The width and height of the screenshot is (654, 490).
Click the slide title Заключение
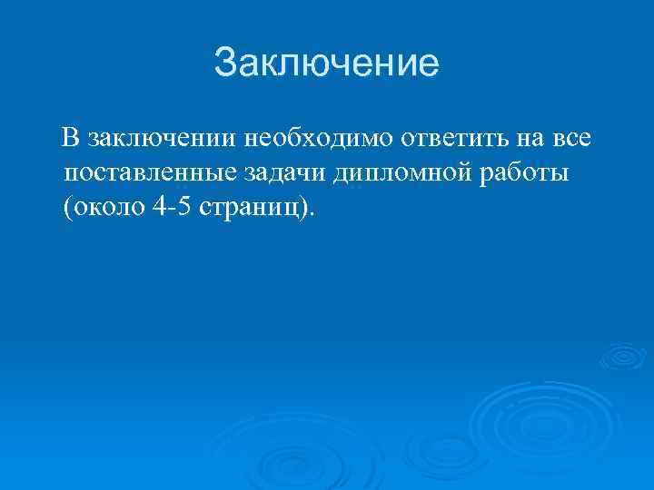(326, 64)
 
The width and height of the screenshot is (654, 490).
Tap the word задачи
(288, 172)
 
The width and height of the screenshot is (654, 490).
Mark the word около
(108, 207)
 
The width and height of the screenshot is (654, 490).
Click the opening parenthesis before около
(67, 207)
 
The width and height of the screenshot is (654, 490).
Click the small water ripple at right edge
(625, 358)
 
